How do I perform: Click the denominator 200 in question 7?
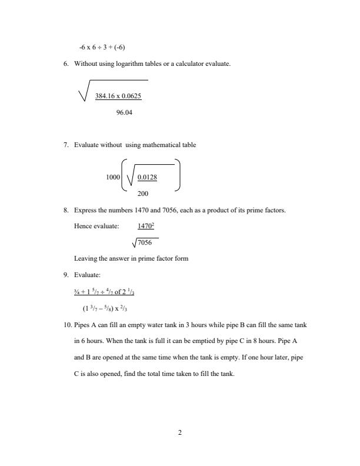[142, 193]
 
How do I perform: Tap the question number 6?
[66, 63]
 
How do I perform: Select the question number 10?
[68, 325]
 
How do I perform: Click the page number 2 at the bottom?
[180, 433]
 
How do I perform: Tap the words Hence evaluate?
[96, 225]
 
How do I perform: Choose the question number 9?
[66, 274]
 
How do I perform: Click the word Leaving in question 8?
[85, 258]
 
